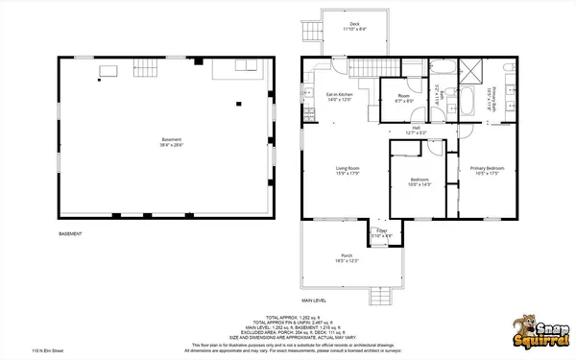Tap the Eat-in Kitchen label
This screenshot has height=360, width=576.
click(x=340, y=94)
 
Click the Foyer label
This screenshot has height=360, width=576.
click(x=380, y=231)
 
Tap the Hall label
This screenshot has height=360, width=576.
click(x=416, y=127)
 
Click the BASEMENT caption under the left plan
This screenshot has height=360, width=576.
click(x=71, y=234)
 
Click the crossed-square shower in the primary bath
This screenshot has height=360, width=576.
click(x=472, y=68)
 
